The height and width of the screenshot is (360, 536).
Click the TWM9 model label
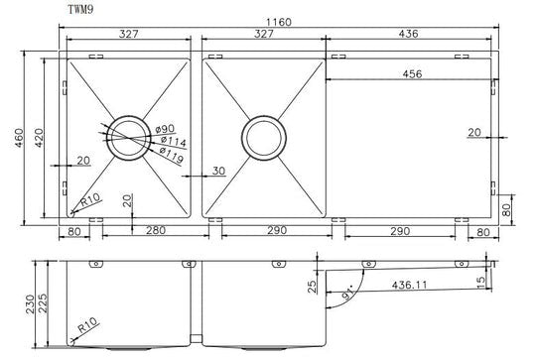click(80, 9)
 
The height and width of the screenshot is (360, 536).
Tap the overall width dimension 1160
click(279, 22)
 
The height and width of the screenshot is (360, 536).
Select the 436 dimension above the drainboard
click(409, 34)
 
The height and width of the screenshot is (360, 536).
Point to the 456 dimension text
click(412, 73)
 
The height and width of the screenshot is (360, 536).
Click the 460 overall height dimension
click(19, 138)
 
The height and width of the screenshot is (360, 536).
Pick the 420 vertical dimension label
click(39, 138)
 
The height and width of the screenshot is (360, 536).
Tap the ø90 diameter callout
click(165, 129)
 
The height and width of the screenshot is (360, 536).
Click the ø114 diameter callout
click(174, 141)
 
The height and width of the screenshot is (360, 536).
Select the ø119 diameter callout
click(172, 156)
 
